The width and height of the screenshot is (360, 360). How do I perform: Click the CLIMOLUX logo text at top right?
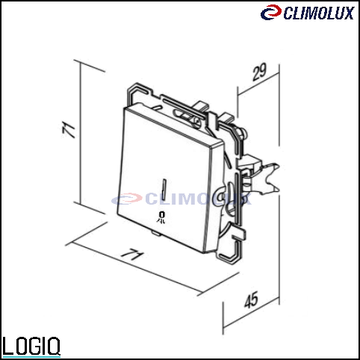(319, 13)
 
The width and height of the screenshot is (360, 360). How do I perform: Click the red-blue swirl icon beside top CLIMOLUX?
(271, 12)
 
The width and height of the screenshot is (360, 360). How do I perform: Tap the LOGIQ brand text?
(31, 346)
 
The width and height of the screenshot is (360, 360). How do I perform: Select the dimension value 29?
(260, 72)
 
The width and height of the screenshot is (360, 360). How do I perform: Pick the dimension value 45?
(251, 300)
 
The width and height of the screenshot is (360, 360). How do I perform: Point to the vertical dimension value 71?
(69, 129)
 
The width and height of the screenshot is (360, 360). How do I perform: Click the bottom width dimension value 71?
(132, 255)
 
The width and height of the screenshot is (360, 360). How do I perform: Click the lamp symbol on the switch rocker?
(161, 217)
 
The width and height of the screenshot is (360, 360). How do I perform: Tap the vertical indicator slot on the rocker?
(164, 189)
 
